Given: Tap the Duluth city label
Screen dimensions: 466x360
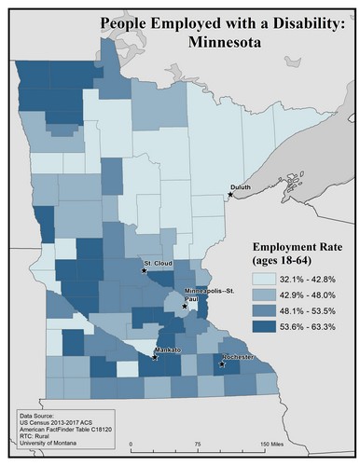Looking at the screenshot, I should pyautogui.click(x=242, y=188).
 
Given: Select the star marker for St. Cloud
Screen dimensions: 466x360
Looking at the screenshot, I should pyautogui.click(x=144, y=271).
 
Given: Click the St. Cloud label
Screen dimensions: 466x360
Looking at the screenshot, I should pyautogui.click(x=154, y=264).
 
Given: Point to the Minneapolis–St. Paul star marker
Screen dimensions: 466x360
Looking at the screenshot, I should pyautogui.click(x=185, y=306).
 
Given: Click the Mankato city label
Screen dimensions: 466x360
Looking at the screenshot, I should pyautogui.click(x=167, y=349).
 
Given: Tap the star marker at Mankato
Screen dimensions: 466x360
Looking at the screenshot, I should pyautogui.click(x=155, y=357).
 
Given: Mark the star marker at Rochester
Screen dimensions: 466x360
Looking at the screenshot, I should pyautogui.click(x=222, y=363).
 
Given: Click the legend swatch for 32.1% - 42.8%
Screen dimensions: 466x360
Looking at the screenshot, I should pyautogui.click(x=263, y=279).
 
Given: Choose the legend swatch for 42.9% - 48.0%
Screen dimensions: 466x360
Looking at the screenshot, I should pyautogui.click(x=263, y=295).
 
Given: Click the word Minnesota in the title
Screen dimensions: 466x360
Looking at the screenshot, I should pyautogui.click(x=216, y=42).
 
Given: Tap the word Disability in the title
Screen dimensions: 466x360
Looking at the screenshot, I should pyautogui.click(x=291, y=21).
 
